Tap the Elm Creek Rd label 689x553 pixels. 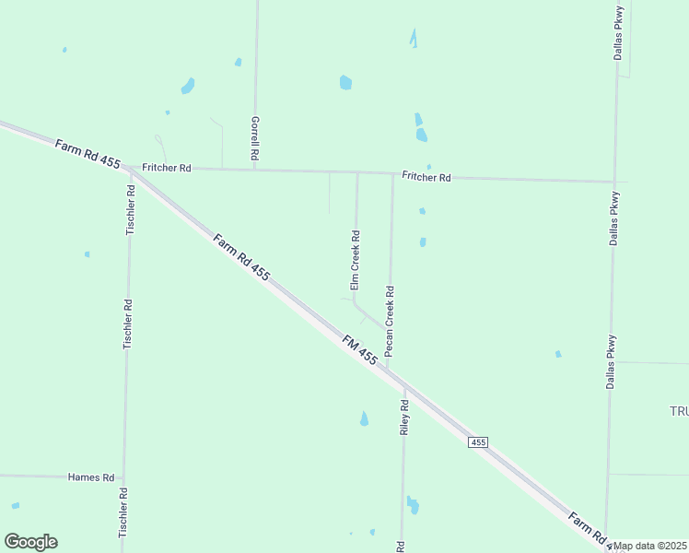[355, 261]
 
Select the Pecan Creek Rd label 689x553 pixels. [390, 321]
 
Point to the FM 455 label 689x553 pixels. [359, 348]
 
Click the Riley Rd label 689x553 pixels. [403, 418]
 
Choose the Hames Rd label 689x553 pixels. [91, 477]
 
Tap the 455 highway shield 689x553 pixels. [477, 443]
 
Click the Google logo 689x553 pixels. [30, 542]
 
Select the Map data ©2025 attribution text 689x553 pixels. [650, 546]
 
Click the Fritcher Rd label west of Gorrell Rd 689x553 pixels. [166, 168]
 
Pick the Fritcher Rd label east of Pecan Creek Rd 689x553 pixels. [426, 176]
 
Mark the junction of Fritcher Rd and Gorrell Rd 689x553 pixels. [255, 170]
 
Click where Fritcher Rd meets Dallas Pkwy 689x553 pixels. [613, 182]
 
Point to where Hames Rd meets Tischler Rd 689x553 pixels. [123, 477]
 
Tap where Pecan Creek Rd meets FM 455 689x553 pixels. [388, 370]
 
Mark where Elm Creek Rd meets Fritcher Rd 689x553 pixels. [357, 172]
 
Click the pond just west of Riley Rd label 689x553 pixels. [364, 419]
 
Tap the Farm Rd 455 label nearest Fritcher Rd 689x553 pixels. [88, 153]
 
